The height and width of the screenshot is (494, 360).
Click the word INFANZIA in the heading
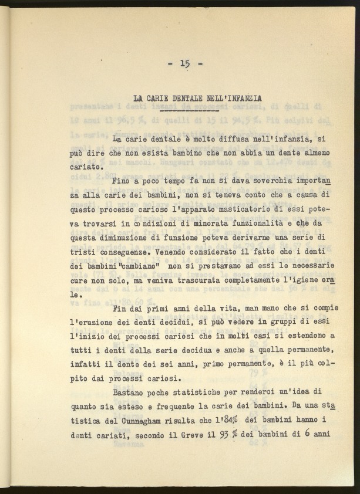[240, 99]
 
